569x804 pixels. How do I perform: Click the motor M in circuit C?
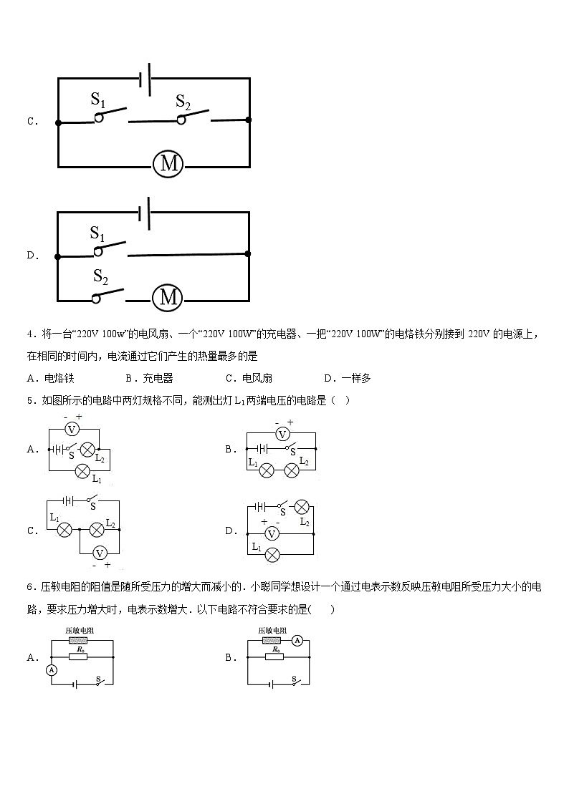tap(169, 165)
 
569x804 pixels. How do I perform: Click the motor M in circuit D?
tap(168, 297)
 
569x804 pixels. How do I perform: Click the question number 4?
tap(29, 334)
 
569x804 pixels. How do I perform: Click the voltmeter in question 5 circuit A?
tap(71, 430)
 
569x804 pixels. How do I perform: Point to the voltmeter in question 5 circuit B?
tap(282, 434)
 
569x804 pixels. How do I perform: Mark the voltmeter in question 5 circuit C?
tap(101, 552)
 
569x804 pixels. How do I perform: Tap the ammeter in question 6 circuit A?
tap(52, 670)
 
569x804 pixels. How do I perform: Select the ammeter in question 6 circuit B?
tap(297, 641)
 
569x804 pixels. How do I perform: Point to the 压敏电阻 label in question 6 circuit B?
tap(273, 631)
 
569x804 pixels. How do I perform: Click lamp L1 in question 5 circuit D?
tap(272, 554)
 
